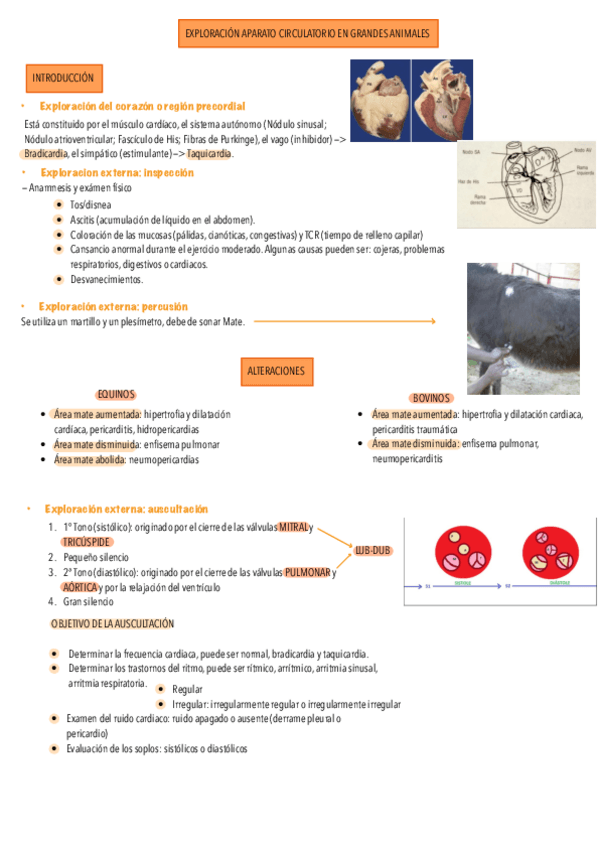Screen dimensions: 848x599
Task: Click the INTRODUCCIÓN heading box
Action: (x=63, y=76)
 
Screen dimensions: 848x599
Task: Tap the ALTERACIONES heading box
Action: (x=275, y=371)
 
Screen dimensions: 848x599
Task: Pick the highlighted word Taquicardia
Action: (x=209, y=154)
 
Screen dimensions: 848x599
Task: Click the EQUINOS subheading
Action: (x=116, y=394)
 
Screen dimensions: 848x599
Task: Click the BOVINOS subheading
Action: (x=431, y=398)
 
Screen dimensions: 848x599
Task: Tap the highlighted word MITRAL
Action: (x=293, y=526)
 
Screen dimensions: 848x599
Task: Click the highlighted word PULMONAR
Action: (x=307, y=573)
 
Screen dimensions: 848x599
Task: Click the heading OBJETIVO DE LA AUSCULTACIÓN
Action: (x=112, y=623)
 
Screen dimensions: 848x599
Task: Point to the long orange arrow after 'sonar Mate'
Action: (x=345, y=321)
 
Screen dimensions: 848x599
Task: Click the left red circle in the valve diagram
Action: (x=463, y=552)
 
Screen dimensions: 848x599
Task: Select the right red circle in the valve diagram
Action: (x=549, y=552)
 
